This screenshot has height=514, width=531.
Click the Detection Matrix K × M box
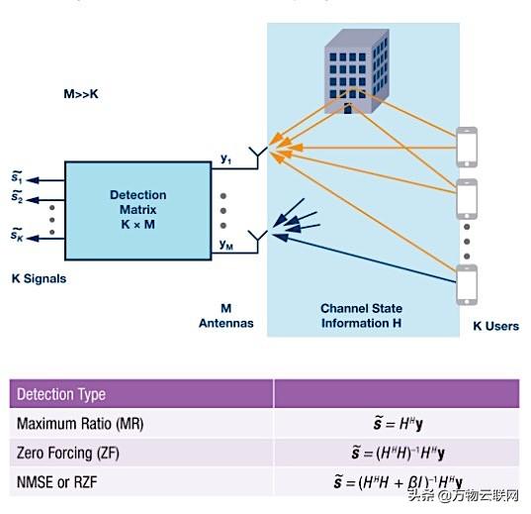[137, 211]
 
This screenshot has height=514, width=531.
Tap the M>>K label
[82, 97]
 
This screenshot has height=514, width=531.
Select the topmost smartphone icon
[468, 147]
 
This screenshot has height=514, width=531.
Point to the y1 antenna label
[225, 157]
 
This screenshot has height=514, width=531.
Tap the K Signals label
[39, 279]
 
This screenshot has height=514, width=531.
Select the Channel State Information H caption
[361, 315]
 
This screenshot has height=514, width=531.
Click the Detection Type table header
[61, 394]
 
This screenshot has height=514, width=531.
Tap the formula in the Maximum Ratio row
[398, 424]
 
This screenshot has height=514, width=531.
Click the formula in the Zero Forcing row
[398, 454]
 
